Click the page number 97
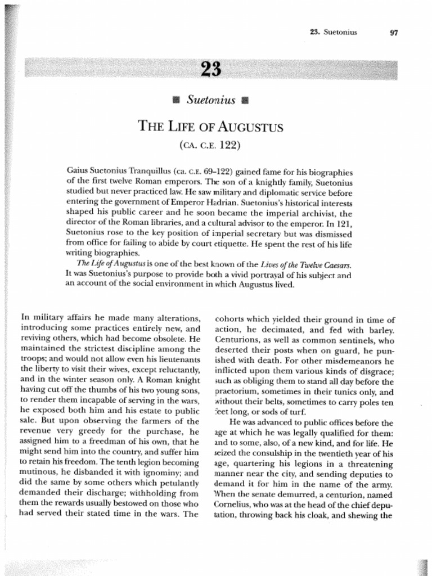pyautogui.click(x=393, y=32)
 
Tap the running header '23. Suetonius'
pyautogui.click(x=334, y=31)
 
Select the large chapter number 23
pyautogui.click(x=211, y=70)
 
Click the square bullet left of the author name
pyautogui.click(x=175, y=101)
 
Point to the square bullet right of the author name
pyautogui.click(x=244, y=101)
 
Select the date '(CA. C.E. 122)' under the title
pyautogui.click(x=210, y=146)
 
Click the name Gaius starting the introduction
pyautogui.click(x=78, y=169)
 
